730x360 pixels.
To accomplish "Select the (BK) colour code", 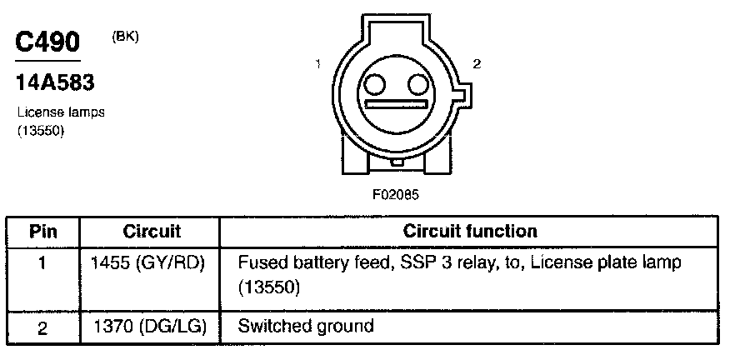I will (x=125, y=37).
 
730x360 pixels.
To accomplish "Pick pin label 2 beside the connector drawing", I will (x=475, y=63).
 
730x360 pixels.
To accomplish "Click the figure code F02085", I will (x=395, y=194).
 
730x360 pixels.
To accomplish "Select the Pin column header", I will (x=43, y=231).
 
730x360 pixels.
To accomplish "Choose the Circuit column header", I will (x=152, y=231).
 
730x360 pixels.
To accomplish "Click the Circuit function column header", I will (x=470, y=231).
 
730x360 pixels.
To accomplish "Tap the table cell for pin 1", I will (x=43, y=262).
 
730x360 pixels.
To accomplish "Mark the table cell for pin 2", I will (x=43, y=327).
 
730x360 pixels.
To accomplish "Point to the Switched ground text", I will (x=305, y=326).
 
